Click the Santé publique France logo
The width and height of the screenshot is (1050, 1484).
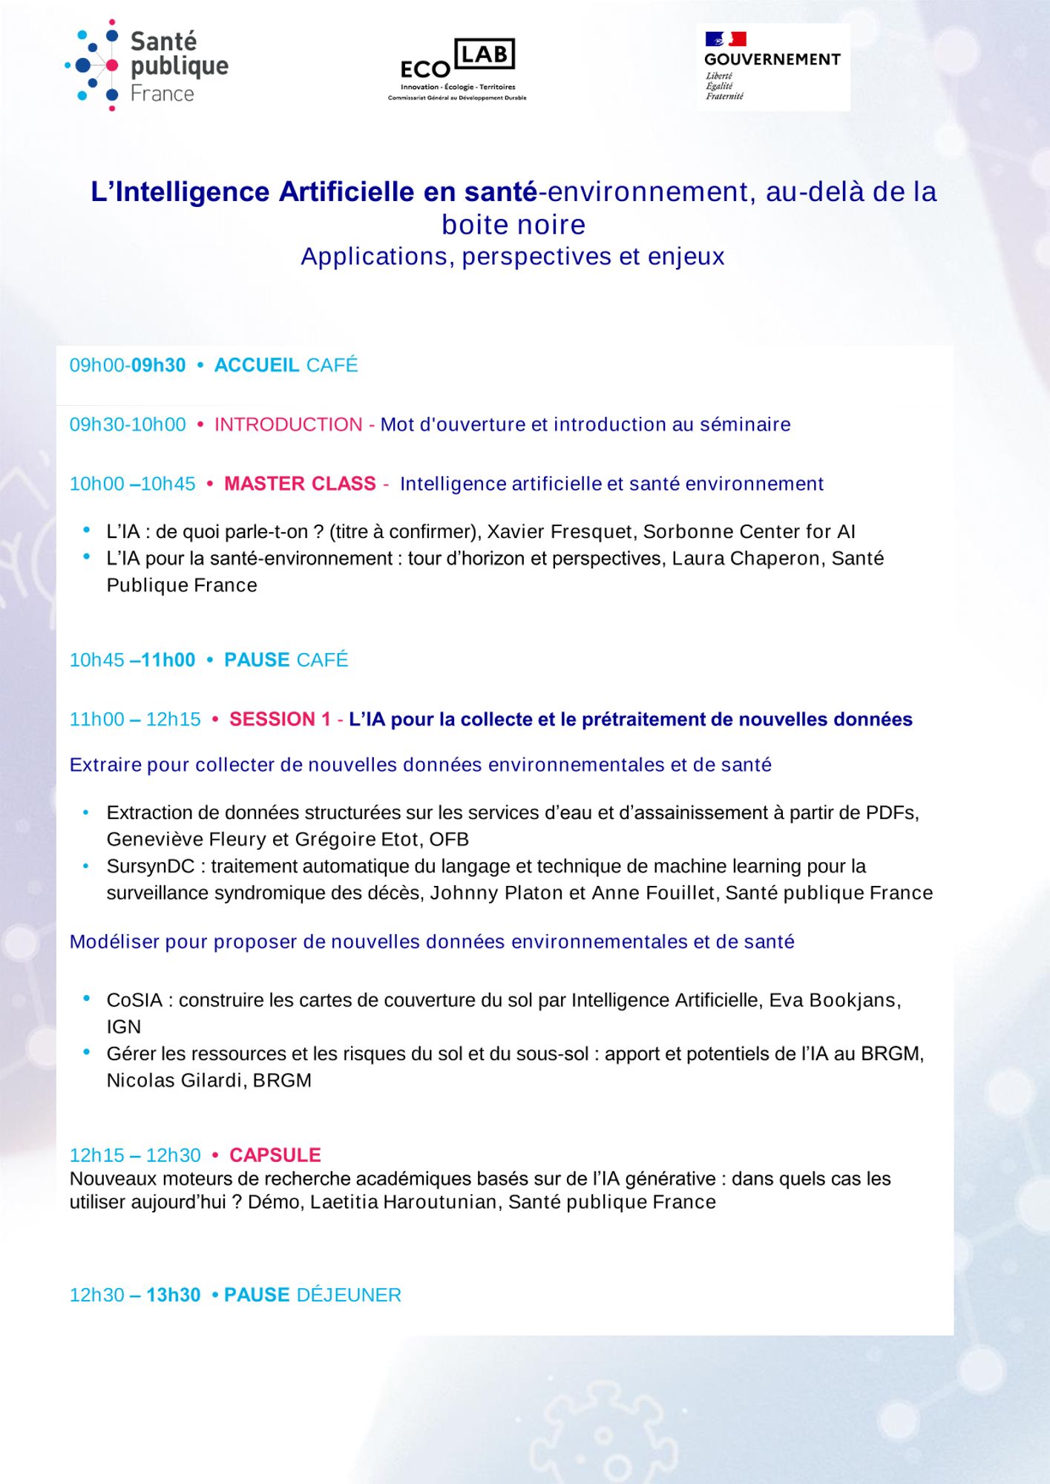147,66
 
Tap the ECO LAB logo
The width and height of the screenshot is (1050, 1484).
457,68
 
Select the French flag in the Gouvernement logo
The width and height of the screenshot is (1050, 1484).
725,39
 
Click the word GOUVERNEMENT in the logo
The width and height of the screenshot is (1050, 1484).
772,59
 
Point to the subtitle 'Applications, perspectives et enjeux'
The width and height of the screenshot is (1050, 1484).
513,257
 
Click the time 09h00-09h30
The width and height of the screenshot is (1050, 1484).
128,365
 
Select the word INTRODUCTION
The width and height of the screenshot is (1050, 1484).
288,424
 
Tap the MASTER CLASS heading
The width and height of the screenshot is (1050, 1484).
300,484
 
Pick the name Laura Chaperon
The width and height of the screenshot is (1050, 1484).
746,559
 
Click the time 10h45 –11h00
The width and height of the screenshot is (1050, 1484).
132,660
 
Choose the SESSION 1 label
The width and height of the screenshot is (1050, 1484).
280,719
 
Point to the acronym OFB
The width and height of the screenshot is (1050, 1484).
449,839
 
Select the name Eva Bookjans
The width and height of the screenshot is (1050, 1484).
833,1000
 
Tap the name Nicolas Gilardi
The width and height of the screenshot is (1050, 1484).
175,1080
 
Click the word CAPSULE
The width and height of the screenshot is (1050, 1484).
275,1155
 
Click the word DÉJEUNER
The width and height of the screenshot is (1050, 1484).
349,1295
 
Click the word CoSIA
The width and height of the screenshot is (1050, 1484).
134,1000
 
